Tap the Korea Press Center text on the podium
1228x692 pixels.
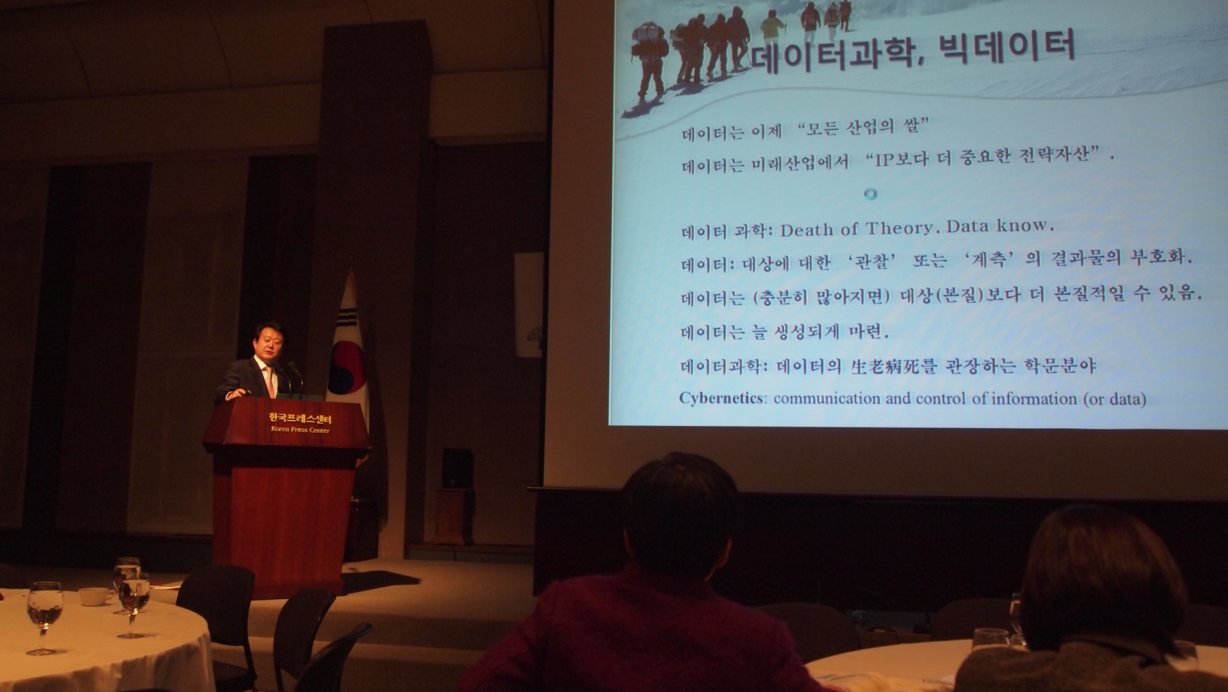pyautogui.click(x=300, y=430)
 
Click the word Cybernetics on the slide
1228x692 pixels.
pyautogui.click(x=721, y=398)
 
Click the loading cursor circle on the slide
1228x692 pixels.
pyautogui.click(x=871, y=194)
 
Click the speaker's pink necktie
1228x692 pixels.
pyautogui.click(x=268, y=381)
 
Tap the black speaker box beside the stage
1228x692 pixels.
pyautogui.click(x=457, y=468)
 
